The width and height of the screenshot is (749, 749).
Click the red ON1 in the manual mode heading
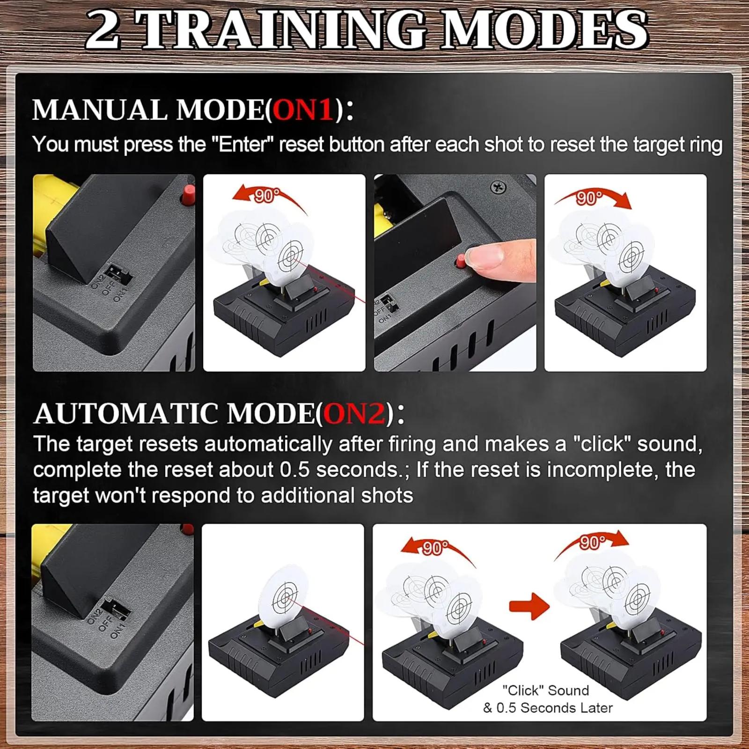point(303,110)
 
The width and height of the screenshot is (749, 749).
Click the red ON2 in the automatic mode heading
point(355,414)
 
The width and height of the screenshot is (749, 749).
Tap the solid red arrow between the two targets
point(529,606)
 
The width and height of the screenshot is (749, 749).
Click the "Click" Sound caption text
point(545,690)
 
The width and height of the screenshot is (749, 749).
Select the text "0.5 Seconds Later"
point(554,708)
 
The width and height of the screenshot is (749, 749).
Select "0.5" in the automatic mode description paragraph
point(295,470)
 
